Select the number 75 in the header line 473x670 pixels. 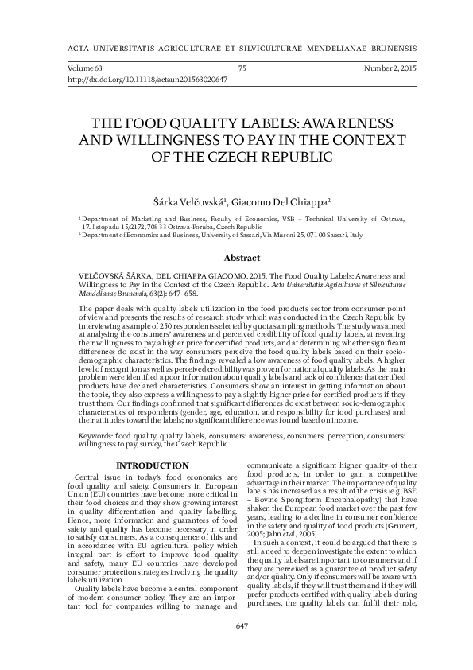pos(242,70)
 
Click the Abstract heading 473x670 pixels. pos(242,258)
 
